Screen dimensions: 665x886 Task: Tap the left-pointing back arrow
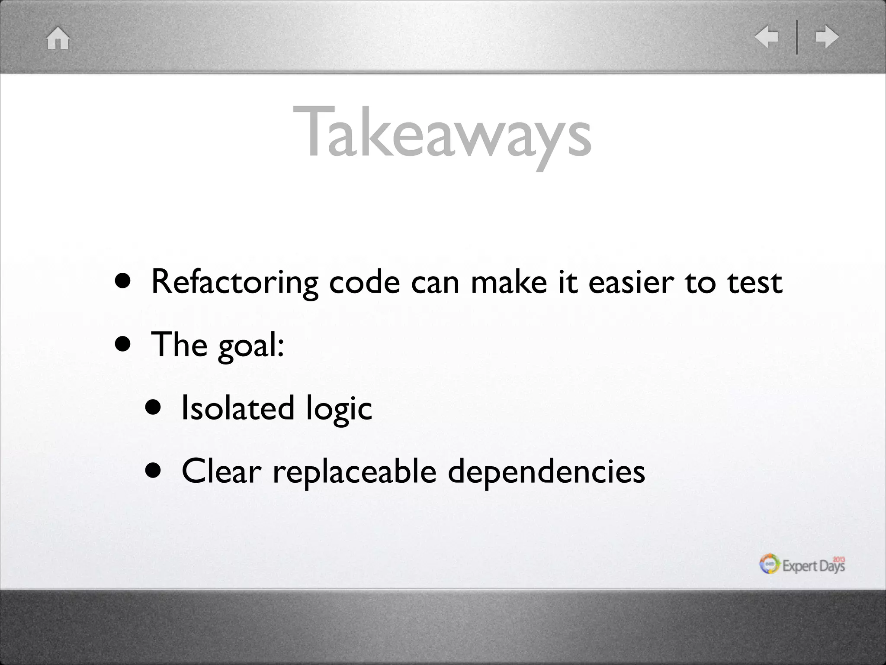(x=767, y=37)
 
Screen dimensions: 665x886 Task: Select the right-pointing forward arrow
(x=827, y=37)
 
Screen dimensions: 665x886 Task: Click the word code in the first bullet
(x=364, y=282)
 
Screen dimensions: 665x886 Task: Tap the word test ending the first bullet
(x=754, y=282)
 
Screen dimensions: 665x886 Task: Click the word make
(x=509, y=282)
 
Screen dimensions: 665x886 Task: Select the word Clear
(x=221, y=471)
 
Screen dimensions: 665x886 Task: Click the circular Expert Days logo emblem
(x=770, y=564)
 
